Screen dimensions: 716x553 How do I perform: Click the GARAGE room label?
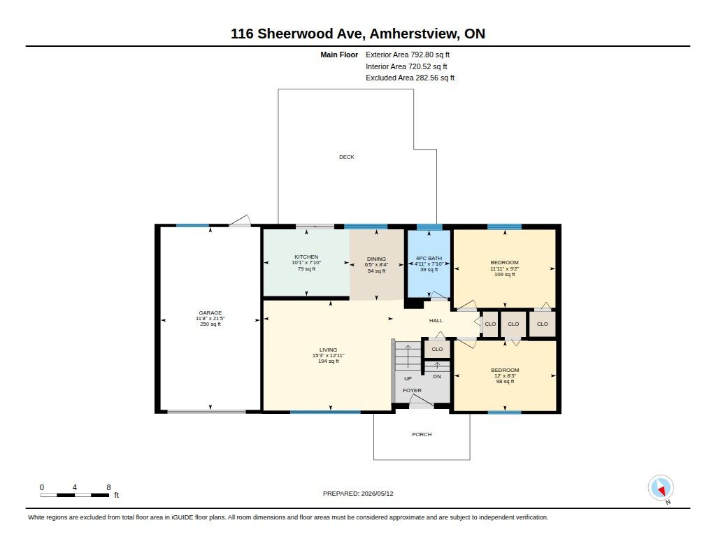coord(210,313)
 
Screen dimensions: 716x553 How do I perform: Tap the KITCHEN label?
coord(306,257)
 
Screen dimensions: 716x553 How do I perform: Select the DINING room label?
coord(376,259)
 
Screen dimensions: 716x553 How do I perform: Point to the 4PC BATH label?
coord(429,258)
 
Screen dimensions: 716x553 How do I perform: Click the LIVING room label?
coord(329,350)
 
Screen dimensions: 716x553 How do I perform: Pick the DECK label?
coord(347,157)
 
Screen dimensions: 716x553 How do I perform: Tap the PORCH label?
coord(422,434)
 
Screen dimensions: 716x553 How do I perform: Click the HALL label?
coord(436,321)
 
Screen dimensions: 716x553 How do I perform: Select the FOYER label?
coord(412,390)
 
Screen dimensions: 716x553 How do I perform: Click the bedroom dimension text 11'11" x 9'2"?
coord(505,269)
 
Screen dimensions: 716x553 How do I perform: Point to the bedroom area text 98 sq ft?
coord(505,381)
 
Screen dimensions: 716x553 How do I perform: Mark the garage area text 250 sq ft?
coord(210,324)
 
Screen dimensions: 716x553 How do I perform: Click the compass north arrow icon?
coord(661,488)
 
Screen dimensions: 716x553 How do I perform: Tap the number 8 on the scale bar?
coord(108,487)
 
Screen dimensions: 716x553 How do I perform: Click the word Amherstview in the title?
coord(414,34)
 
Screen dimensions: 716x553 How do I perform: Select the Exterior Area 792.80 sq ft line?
coord(408,55)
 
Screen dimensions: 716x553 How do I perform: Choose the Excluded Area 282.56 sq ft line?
coord(410,78)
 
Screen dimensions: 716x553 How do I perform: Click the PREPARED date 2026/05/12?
coord(377,494)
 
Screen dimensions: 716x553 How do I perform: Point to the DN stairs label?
coord(437,377)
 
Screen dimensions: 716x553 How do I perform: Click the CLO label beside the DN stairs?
coord(437,350)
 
